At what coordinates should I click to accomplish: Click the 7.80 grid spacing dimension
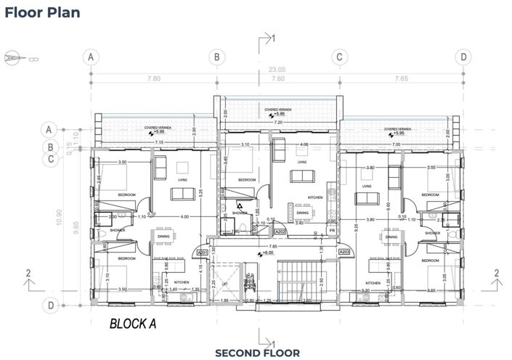click(153, 78)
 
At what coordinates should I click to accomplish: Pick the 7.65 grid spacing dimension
click(400, 78)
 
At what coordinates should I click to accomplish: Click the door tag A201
click(203, 252)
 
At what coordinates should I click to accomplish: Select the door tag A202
click(279, 232)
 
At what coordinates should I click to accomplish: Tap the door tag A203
click(345, 252)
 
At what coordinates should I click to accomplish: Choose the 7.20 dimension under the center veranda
click(277, 123)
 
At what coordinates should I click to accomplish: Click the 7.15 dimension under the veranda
click(158, 143)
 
